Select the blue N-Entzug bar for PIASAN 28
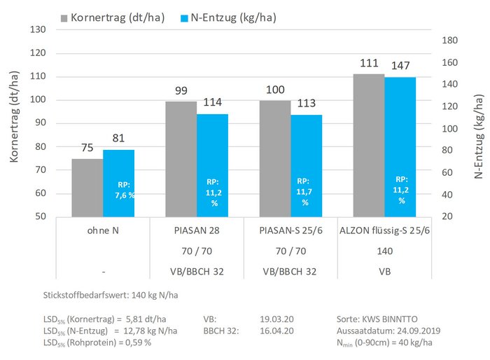click(x=212, y=165)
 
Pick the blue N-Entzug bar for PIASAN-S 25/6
click(x=305, y=165)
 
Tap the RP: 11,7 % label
click(x=305, y=191)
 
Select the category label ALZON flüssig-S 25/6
click(x=384, y=230)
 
